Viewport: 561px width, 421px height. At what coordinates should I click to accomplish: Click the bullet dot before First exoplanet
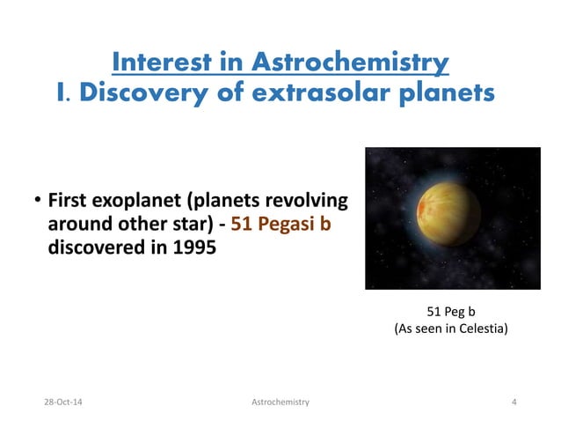38,201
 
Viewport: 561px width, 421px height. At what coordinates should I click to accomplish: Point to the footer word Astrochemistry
280,402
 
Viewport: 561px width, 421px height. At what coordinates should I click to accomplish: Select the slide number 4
513,402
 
